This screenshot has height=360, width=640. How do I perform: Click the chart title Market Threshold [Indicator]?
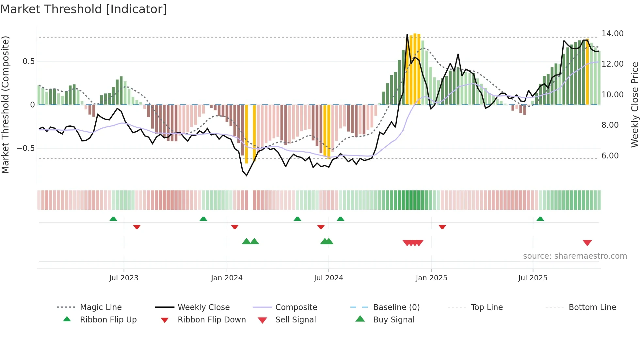click(x=84, y=9)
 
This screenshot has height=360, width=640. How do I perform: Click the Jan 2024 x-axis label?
click(x=227, y=278)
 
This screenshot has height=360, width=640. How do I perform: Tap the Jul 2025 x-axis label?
click(x=533, y=278)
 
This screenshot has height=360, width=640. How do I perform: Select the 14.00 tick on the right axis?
click(x=613, y=34)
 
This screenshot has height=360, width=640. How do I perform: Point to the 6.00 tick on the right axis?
click(x=610, y=156)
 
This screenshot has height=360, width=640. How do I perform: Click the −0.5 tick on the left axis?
click(x=25, y=148)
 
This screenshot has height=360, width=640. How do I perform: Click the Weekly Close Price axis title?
click(x=634, y=105)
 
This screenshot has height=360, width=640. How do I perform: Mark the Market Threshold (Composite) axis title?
click(x=5, y=105)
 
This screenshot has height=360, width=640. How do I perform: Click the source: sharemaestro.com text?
click(x=575, y=256)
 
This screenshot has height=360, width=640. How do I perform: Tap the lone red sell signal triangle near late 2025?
click(x=587, y=243)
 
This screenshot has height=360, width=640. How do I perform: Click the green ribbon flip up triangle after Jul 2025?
click(x=540, y=219)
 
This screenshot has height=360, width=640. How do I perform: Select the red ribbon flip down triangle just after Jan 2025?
click(x=442, y=227)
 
